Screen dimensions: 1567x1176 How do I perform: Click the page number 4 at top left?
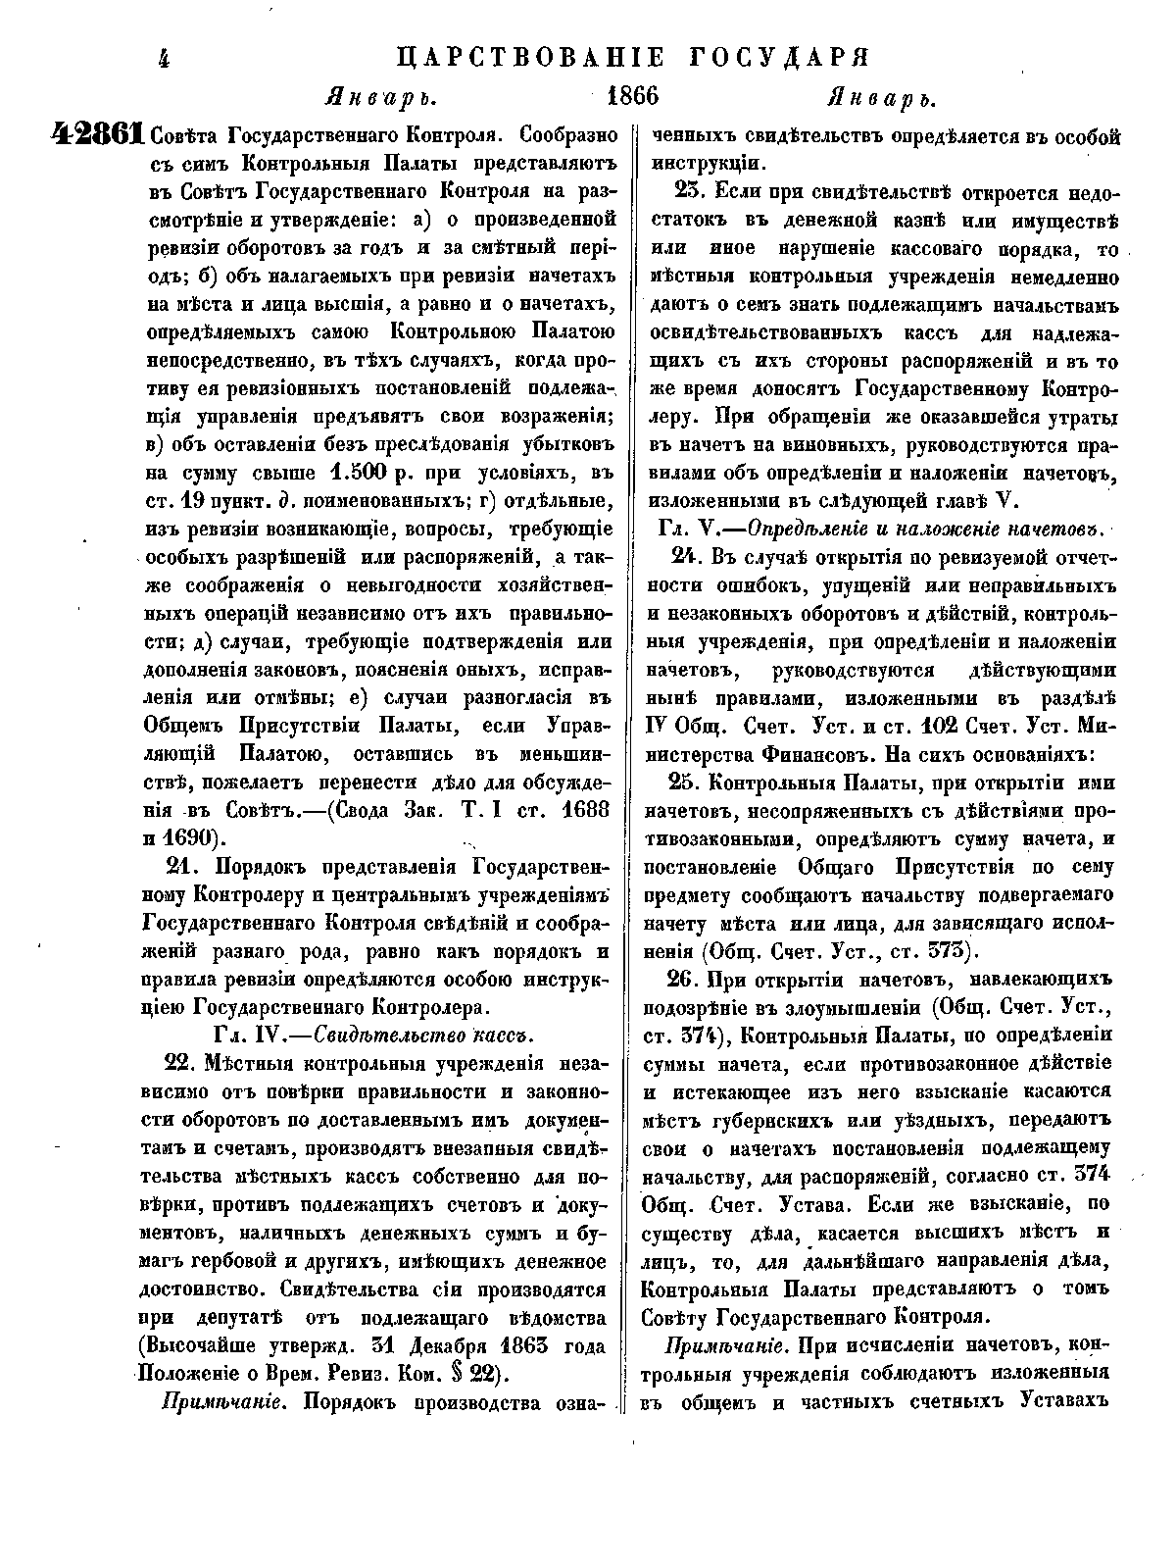[164, 60]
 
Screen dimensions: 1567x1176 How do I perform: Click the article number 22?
[184, 1063]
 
